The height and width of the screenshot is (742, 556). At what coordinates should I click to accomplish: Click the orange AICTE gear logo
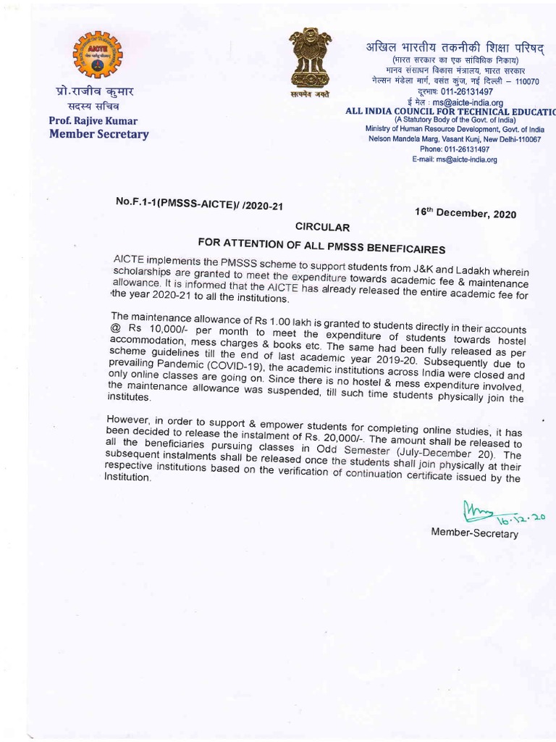click(x=98, y=55)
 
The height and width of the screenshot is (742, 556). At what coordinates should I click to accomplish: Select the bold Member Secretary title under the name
click(x=98, y=134)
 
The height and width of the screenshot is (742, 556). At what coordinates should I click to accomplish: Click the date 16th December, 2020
click(x=466, y=213)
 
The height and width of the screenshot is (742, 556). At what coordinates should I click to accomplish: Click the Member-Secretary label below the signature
click(x=475, y=533)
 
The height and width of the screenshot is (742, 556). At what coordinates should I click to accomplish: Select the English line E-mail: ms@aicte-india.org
click(x=455, y=159)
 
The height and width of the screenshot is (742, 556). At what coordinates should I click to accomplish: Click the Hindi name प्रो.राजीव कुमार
click(x=95, y=92)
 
